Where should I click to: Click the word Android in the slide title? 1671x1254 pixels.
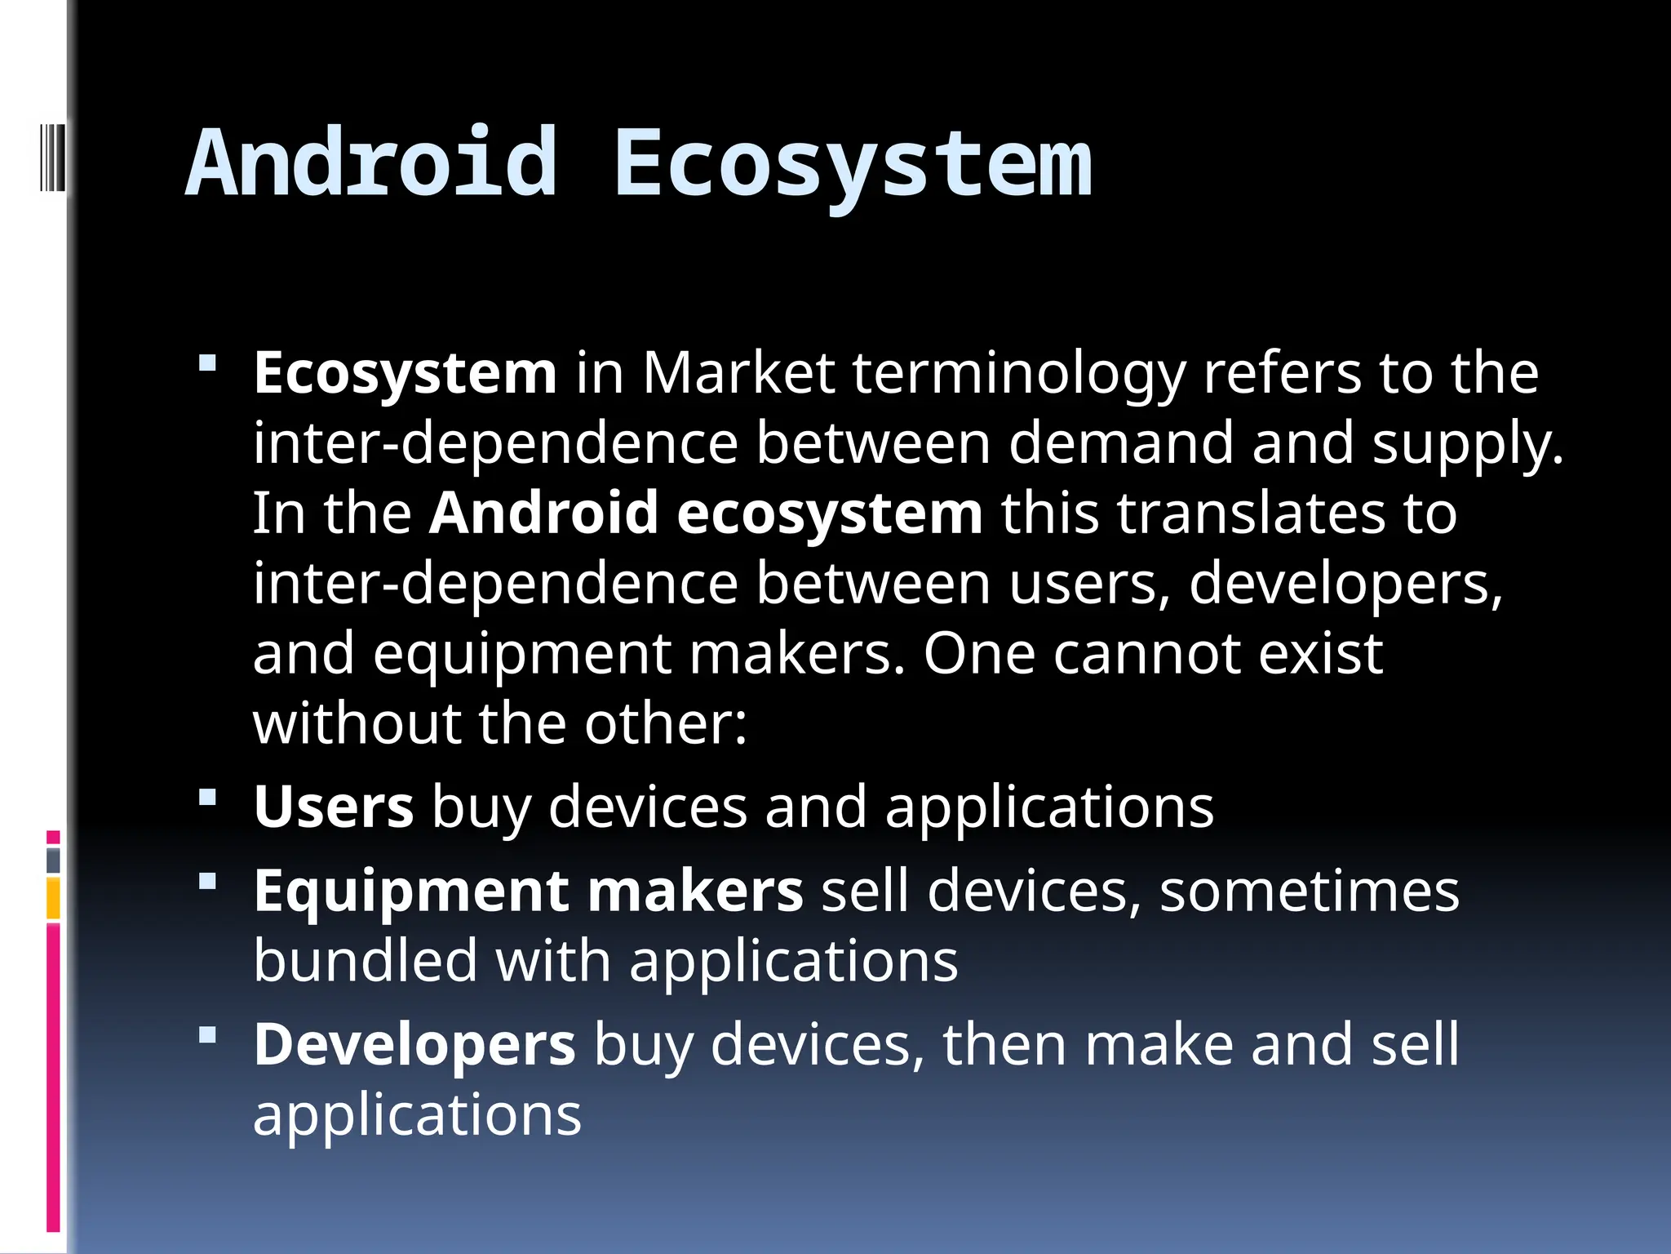click(x=372, y=163)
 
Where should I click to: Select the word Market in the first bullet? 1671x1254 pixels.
click(x=738, y=373)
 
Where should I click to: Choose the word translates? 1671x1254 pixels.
click(x=1252, y=514)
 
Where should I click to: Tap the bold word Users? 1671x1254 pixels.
click(x=333, y=807)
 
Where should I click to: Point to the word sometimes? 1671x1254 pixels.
click(x=1309, y=891)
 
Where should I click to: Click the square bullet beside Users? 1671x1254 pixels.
click(x=207, y=797)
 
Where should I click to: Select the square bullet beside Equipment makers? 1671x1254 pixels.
click(x=207, y=881)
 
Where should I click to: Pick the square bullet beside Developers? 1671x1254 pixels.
click(x=207, y=1036)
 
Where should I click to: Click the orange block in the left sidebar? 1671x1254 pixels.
click(x=53, y=898)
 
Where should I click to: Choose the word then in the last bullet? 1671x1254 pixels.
click(x=1004, y=1045)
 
